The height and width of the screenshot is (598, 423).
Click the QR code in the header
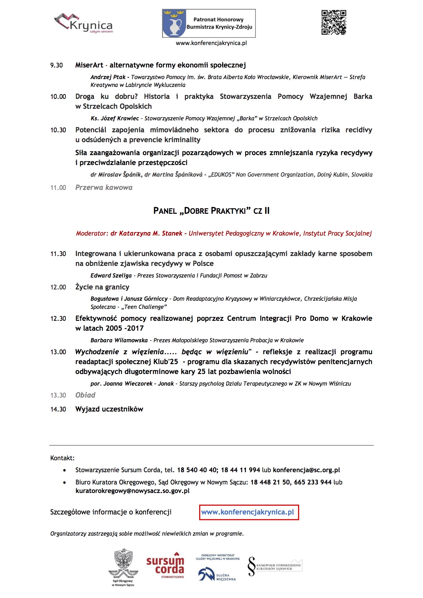(334, 23)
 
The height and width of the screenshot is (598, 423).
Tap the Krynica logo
(84, 23)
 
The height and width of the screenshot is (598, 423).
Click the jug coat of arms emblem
(174, 23)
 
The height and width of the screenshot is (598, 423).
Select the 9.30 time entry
(57, 65)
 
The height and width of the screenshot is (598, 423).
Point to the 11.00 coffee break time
(58, 188)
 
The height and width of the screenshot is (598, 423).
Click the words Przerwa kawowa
(104, 188)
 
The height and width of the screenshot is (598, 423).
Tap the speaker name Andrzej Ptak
(108, 77)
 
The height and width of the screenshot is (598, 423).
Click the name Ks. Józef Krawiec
(115, 119)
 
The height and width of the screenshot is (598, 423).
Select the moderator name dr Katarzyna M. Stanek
(146, 234)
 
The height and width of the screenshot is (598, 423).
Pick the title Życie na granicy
(102, 287)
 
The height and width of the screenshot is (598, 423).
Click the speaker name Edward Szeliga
(111, 276)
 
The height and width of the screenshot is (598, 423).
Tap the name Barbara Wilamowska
(119, 341)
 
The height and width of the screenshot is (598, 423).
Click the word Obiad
(85, 395)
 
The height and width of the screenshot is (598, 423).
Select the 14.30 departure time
(58, 409)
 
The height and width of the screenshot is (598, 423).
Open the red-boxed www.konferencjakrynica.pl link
(248, 512)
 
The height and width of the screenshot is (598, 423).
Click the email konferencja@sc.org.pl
(306, 470)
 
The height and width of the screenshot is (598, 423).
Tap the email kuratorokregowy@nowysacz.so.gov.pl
(132, 491)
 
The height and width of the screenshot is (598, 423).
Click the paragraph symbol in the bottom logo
(252, 566)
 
